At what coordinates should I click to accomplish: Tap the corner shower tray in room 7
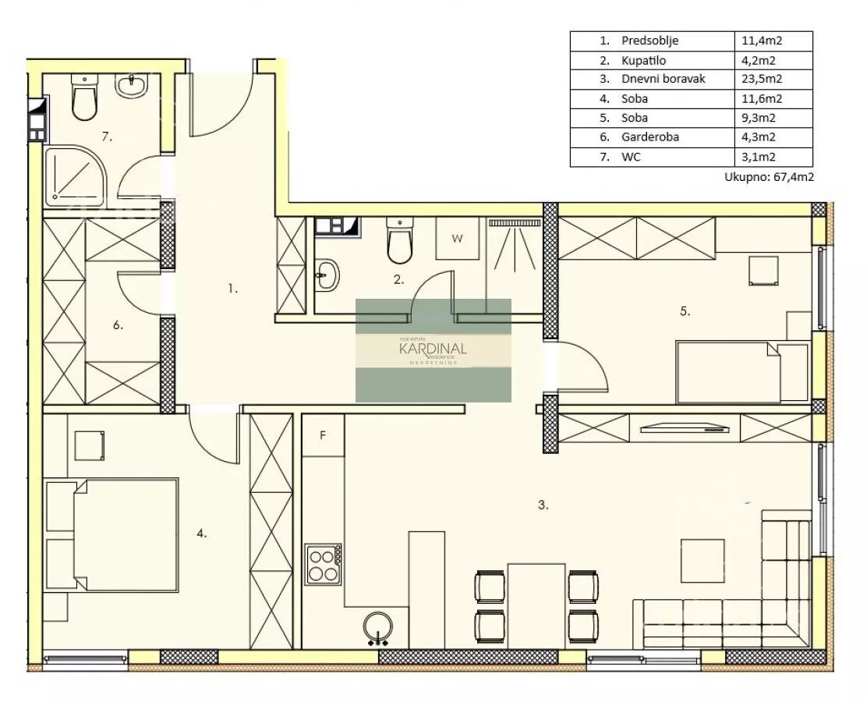75,175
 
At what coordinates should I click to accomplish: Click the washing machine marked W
457,239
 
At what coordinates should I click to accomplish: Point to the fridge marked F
323,435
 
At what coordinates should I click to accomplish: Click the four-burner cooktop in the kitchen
324,563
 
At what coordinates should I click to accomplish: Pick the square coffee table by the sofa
702,560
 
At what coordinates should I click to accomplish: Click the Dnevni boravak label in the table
663,79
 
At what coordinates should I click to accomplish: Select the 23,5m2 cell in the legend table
762,79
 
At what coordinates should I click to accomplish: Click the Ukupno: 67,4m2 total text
769,178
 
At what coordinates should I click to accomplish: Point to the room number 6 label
118,325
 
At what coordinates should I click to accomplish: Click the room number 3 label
543,505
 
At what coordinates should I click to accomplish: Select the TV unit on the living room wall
685,427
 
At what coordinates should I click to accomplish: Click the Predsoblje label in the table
649,41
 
